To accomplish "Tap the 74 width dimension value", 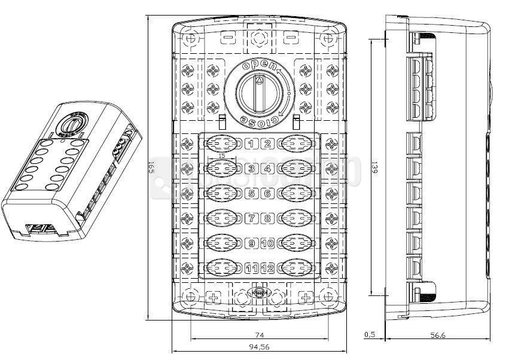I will tap(260, 335).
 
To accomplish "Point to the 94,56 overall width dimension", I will tap(259, 347).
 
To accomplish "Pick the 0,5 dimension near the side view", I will tap(370, 335).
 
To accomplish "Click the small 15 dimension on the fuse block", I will tap(222, 155).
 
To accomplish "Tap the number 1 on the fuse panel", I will tap(251, 144).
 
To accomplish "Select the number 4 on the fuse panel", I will tap(267, 169).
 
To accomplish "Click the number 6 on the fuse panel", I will tap(267, 193).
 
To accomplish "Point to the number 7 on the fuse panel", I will tap(251, 218).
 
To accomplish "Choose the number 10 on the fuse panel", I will tap(267, 243).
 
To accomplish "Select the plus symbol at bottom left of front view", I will tap(214, 298).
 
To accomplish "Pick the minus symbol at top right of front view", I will tap(291, 38).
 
